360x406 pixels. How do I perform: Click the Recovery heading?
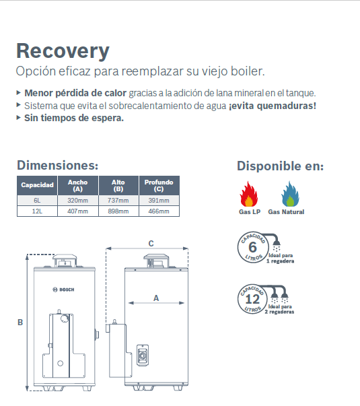(63, 51)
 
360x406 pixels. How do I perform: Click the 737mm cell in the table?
(118, 201)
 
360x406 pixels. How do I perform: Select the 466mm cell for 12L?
(159, 211)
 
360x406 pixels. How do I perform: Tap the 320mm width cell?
(78, 201)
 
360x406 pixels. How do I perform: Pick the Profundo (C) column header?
(159, 185)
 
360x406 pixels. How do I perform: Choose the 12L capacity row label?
(37, 211)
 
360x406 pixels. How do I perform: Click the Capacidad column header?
(37, 185)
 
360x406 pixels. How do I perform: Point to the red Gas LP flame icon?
(249, 194)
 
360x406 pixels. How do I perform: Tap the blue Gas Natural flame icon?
(290, 194)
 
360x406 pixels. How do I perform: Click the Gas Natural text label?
(286, 212)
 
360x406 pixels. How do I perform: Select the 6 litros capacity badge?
(252, 247)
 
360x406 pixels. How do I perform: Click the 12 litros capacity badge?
(252, 299)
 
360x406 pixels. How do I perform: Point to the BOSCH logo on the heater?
(63, 290)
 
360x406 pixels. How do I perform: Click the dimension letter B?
(20, 323)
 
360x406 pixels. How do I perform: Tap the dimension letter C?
(151, 243)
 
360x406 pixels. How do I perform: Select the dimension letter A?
(156, 298)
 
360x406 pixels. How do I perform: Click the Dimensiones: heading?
(58, 165)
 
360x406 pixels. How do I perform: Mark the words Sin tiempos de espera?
(74, 118)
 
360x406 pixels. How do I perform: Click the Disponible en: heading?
(281, 166)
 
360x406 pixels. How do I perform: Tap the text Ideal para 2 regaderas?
(279, 309)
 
